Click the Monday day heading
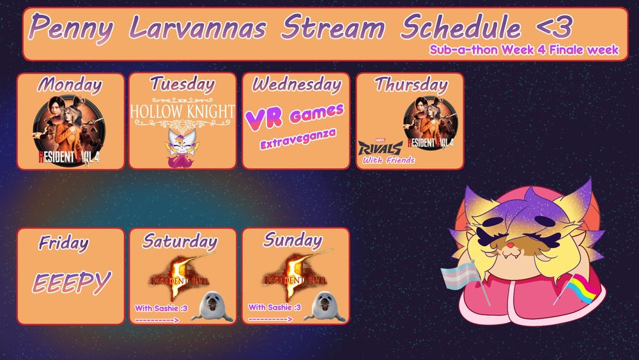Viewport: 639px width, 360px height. tap(70, 84)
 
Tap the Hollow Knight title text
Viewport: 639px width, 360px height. tap(182, 111)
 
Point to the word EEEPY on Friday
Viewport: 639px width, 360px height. tap(72, 281)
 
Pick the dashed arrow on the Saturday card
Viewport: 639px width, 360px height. tap(157, 320)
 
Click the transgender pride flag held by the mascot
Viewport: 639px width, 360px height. tap(459, 278)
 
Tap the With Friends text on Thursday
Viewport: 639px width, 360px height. tap(389, 160)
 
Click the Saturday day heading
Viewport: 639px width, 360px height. tap(180, 241)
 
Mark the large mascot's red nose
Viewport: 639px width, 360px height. tap(511, 244)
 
